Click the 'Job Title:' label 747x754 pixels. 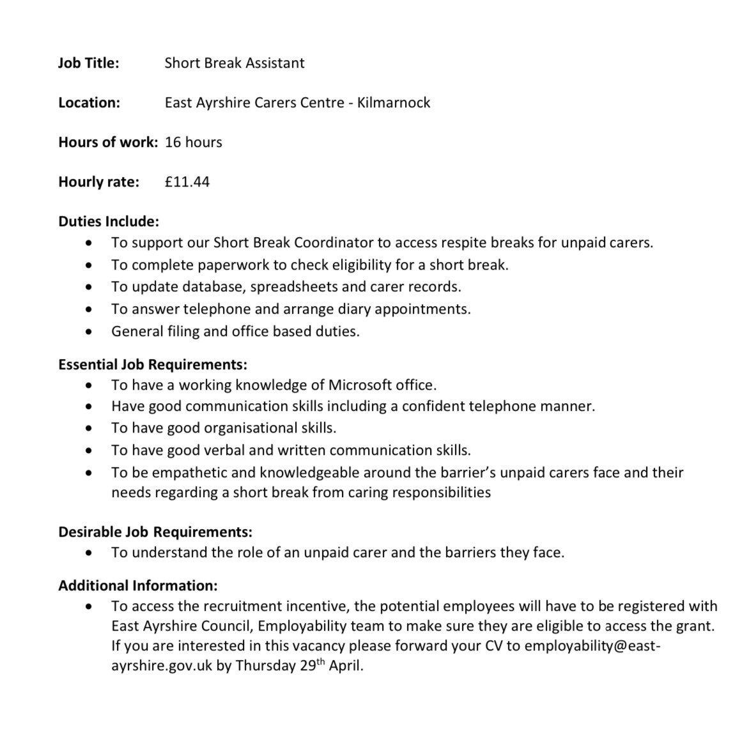point(88,63)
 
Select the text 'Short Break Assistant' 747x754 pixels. point(235,63)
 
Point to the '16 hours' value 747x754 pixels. point(193,142)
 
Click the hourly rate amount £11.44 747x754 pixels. point(187,182)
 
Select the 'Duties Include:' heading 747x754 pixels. point(108,222)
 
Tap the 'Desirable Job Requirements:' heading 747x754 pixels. point(155,532)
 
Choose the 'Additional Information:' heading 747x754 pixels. point(137,585)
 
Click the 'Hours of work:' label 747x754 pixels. point(107,142)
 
